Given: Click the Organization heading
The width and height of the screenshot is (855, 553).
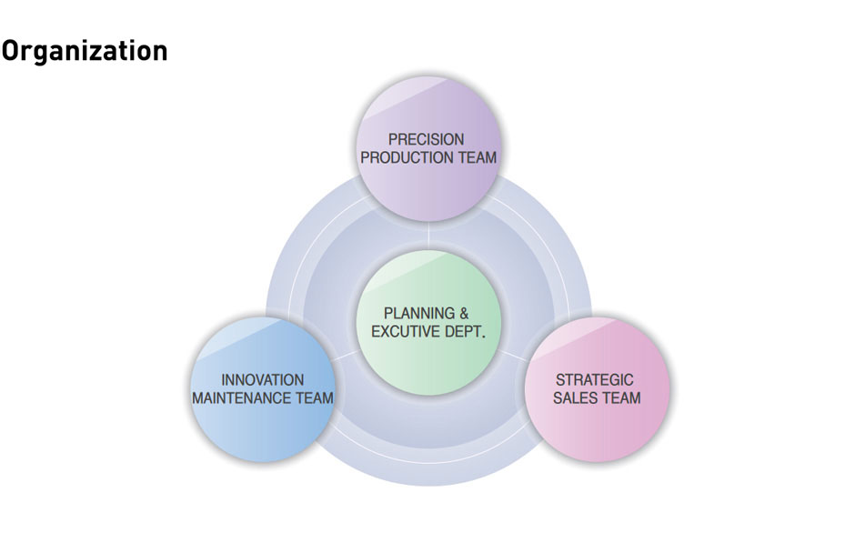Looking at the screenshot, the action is (x=84, y=51).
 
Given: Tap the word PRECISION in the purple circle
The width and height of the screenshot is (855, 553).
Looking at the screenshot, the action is (x=426, y=139).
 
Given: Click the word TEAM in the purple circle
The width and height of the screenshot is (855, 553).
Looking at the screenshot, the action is (x=478, y=157).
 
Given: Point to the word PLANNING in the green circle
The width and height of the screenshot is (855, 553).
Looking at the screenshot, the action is (x=418, y=313).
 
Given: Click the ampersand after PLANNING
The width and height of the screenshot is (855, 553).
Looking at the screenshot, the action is (x=464, y=313).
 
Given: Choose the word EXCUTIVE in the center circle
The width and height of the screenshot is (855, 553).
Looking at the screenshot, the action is (x=405, y=332).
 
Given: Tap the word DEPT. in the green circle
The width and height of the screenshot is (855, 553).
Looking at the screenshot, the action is (x=464, y=332).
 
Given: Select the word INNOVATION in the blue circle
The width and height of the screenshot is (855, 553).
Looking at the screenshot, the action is (x=262, y=379).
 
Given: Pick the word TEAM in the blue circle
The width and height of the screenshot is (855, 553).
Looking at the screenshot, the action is (x=315, y=398).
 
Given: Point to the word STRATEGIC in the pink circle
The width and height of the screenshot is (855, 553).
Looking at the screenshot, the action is (x=594, y=379).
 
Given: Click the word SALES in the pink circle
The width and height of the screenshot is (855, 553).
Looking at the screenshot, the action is (x=572, y=398).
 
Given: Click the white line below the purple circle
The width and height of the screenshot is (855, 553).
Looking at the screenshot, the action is (x=428, y=235).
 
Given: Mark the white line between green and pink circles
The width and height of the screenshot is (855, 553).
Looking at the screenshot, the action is (x=513, y=357).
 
